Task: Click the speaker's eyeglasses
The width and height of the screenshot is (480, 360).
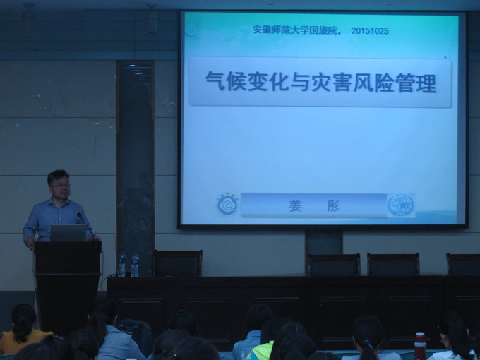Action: click(x=59, y=185)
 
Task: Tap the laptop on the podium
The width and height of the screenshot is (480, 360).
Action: click(x=68, y=233)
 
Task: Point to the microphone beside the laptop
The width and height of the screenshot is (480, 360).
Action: click(x=85, y=225)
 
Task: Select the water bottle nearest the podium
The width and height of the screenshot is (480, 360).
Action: click(x=122, y=265)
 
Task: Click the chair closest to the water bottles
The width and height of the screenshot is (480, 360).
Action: click(x=177, y=263)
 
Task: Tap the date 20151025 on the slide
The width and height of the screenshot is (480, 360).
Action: click(x=369, y=31)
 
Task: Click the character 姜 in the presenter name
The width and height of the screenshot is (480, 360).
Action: click(x=295, y=206)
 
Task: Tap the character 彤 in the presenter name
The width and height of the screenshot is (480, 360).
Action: click(x=333, y=206)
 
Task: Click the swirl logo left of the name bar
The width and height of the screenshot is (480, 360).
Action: click(x=227, y=205)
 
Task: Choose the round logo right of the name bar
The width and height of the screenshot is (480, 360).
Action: click(x=400, y=205)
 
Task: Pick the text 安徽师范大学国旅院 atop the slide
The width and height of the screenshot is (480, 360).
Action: click(x=296, y=31)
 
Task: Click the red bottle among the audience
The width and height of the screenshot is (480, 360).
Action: click(x=420, y=346)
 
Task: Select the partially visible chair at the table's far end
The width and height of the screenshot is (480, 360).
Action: click(x=463, y=264)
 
